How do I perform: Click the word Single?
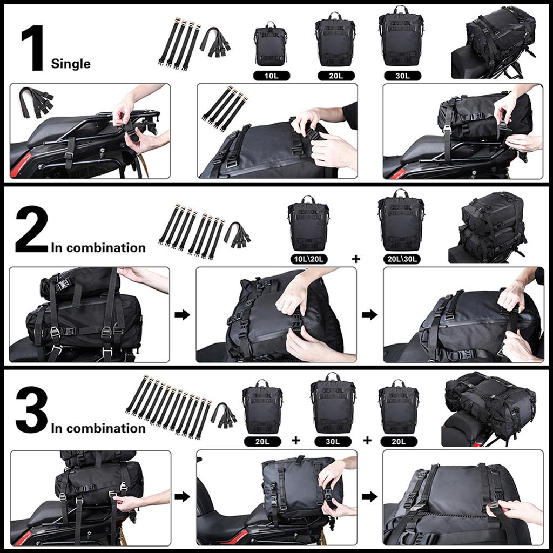pyautogui.click(x=71, y=64)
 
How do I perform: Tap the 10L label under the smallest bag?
pyautogui.click(x=271, y=76)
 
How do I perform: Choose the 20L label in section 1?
pyautogui.click(x=336, y=76)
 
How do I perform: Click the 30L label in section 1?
pyautogui.click(x=402, y=76)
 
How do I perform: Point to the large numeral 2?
pyautogui.click(x=31, y=230)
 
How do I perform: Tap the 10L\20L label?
pyautogui.click(x=308, y=259)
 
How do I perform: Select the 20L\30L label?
pyautogui.click(x=401, y=259)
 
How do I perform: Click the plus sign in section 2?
pyautogui.click(x=355, y=259)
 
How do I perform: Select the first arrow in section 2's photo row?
pyautogui.click(x=183, y=315)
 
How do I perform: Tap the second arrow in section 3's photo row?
pyautogui.click(x=369, y=496)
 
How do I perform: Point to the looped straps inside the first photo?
pyautogui.click(x=36, y=100)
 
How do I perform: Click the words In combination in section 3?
pyautogui.click(x=98, y=428)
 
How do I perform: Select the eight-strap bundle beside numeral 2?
pyautogui.click(x=191, y=231)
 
